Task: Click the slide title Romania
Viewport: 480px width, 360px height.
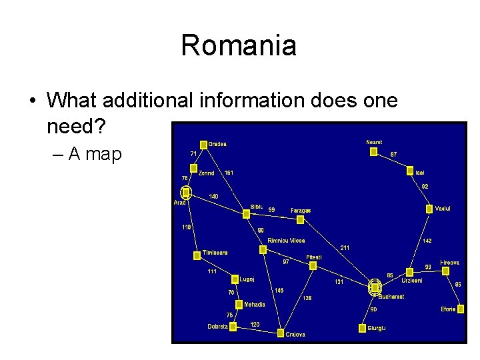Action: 239,46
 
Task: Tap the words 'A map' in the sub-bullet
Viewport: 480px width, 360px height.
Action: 95,154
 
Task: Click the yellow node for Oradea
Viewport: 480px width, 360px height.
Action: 203,144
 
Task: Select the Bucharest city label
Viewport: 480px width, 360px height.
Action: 391,297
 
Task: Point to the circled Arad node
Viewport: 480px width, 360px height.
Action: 187,192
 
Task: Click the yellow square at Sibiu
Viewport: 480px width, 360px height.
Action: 247,214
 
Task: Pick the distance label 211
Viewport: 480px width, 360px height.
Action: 345,248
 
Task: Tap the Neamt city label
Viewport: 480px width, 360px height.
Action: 374,142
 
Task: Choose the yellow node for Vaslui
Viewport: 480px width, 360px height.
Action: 429,209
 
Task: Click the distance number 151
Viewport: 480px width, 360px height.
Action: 229,173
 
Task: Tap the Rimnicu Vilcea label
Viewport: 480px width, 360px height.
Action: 286,240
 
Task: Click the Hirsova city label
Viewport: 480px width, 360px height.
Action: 449,263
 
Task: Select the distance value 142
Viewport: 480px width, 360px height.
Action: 427,241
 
